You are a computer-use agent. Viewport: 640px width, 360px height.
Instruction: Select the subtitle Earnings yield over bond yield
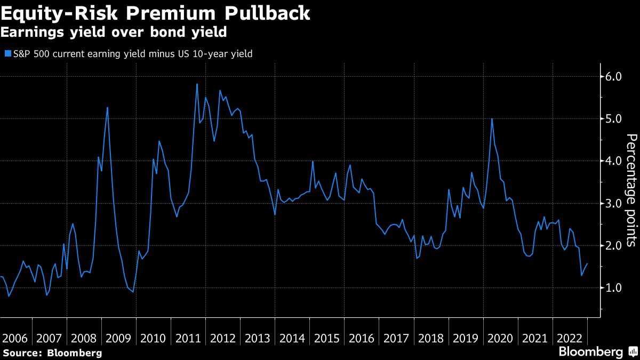[x=114, y=33]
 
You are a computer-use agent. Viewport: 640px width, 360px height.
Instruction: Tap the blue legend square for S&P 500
[x=7, y=53]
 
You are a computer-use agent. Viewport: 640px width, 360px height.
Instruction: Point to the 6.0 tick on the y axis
[x=611, y=77]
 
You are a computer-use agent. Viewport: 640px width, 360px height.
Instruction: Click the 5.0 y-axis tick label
[x=611, y=119]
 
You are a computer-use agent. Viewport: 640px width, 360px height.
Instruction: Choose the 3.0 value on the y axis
[x=611, y=203]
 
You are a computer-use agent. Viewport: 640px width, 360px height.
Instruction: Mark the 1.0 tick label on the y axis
[x=611, y=288]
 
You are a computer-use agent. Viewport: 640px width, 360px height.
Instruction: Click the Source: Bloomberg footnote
[x=52, y=353]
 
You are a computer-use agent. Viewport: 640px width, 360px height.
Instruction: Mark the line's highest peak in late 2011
[x=197, y=84]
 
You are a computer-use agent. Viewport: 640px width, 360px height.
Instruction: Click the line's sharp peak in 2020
[x=492, y=118]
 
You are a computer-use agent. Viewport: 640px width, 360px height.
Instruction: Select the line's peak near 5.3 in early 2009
[x=107, y=108]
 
